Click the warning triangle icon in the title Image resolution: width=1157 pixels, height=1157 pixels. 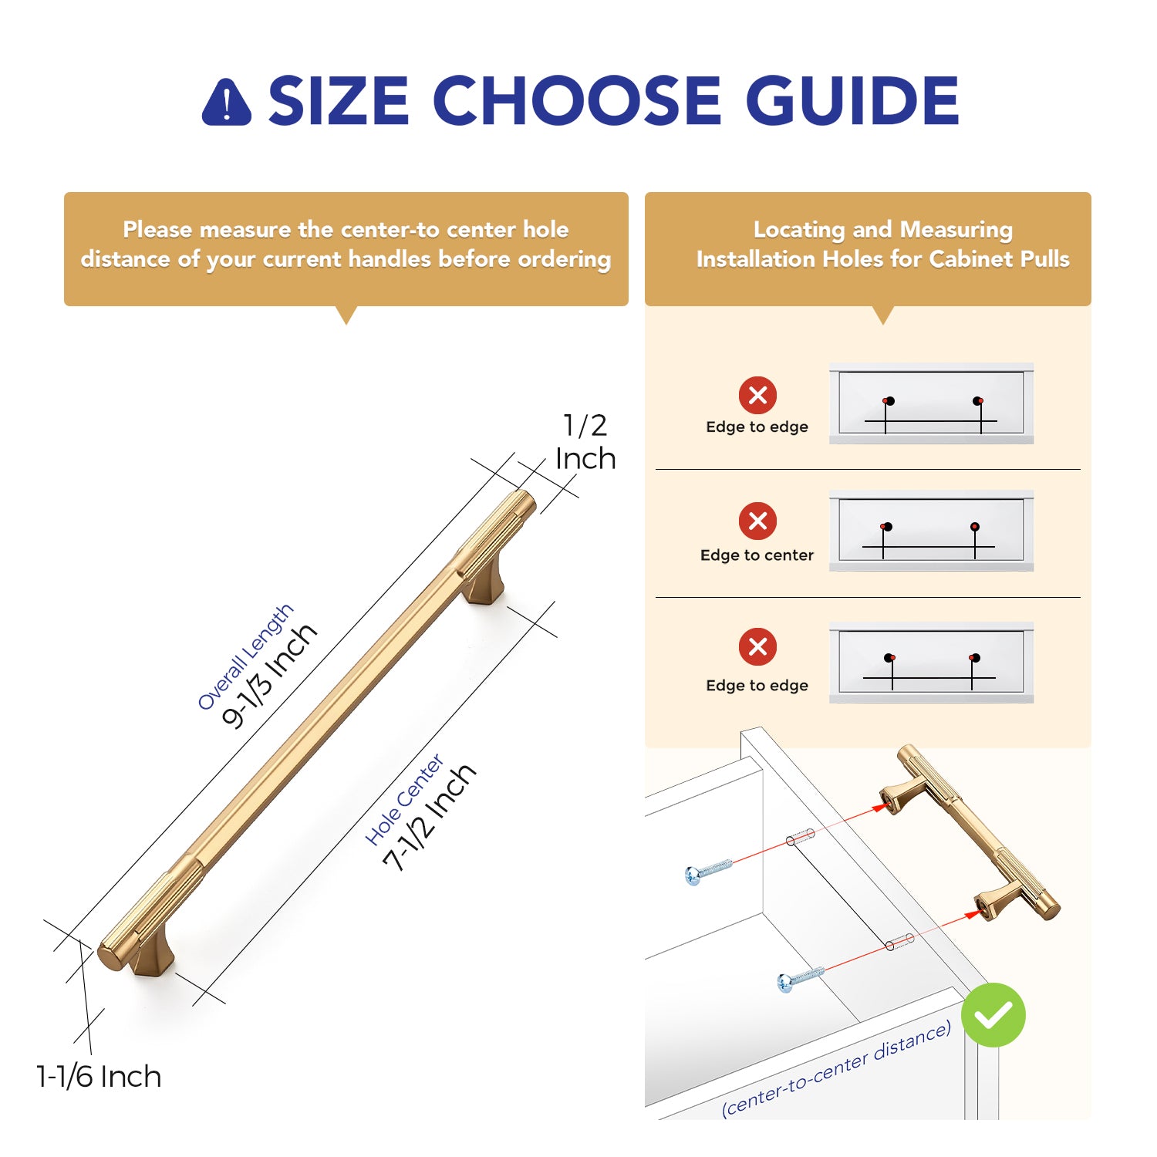pyautogui.click(x=226, y=103)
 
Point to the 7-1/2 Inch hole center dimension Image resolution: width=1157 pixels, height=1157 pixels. pyautogui.click(x=429, y=818)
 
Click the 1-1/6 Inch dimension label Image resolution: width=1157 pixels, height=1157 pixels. pyautogui.click(x=99, y=1077)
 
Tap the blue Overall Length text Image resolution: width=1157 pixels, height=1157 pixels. pyautogui.click(x=245, y=656)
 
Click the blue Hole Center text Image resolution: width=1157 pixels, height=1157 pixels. pyautogui.click(x=404, y=800)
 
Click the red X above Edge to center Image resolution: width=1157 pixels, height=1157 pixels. pyautogui.click(x=758, y=521)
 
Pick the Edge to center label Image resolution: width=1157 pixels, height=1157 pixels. pyautogui.click(x=757, y=555)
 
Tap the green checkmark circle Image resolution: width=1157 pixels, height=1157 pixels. pyautogui.click(x=993, y=1015)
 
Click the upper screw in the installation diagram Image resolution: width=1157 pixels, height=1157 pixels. pyautogui.click(x=708, y=870)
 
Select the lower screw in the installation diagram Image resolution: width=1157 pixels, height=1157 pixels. pyautogui.click(x=801, y=978)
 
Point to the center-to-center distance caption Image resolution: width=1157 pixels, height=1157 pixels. pyautogui.click(x=836, y=1069)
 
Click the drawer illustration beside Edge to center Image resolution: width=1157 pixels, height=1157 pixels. pyautogui.click(x=931, y=531)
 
